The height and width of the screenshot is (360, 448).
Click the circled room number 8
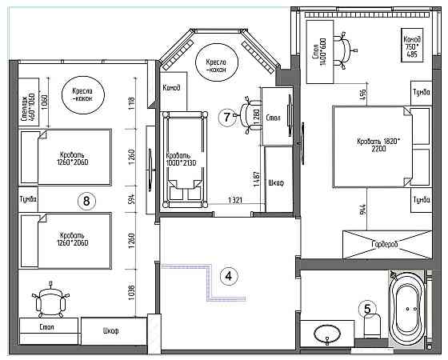[x=86, y=200]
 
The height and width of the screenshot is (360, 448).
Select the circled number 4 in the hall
[x=229, y=277]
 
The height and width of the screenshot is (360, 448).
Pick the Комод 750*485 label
[x=412, y=47]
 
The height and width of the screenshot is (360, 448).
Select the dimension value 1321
[x=234, y=200]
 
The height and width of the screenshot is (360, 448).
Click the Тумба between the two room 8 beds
[x=26, y=198]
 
